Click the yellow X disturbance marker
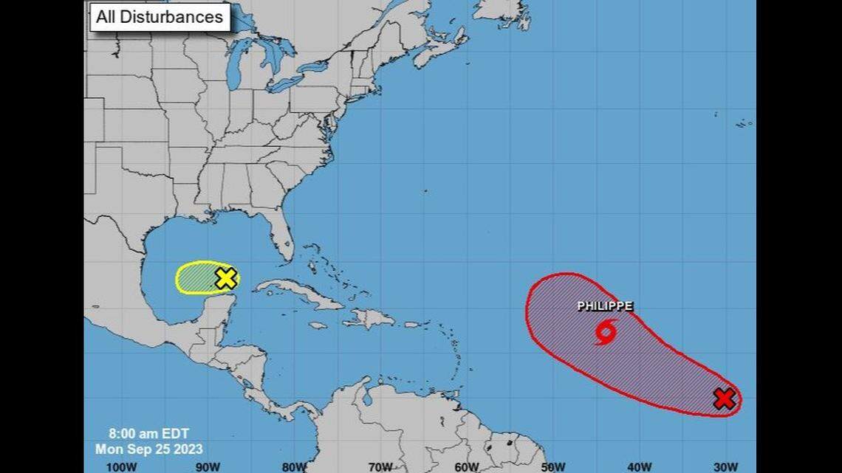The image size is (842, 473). coord(226,278)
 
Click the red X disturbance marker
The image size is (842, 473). coord(725,399)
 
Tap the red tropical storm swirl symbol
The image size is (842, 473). coord(605,333)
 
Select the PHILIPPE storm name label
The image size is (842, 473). coord(605,306)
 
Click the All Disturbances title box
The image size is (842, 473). coord(160,17)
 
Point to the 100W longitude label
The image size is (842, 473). coord(121,466)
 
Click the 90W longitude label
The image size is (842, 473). coord(208,466)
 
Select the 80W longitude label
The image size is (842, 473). coord(294,466)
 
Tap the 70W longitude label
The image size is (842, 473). coord(380,466)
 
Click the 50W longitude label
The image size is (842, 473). coord(553,466)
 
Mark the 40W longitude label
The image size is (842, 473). coord(640,466)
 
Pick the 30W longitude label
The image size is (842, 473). coord(726,466)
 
